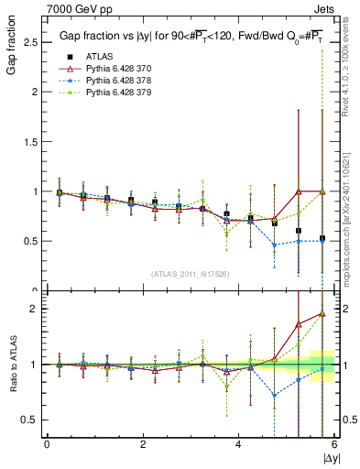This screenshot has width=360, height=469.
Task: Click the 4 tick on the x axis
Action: [238, 445]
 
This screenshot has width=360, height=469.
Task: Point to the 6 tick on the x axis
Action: [333, 445]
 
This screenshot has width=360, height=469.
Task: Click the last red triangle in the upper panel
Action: [322, 191]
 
